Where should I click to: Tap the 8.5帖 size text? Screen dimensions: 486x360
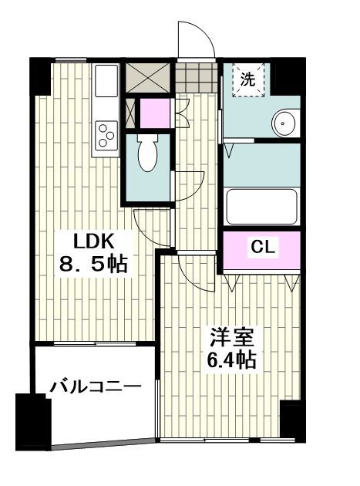pyautogui.click(x=93, y=264)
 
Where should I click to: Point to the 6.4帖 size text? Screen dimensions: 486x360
pyautogui.click(x=229, y=359)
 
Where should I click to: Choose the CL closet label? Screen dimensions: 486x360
pyautogui.click(x=261, y=248)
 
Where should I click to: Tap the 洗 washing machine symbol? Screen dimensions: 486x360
pyautogui.click(x=247, y=78)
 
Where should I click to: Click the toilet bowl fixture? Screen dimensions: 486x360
pyautogui.click(x=146, y=154)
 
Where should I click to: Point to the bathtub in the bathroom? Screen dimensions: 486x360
pyautogui.click(x=261, y=206)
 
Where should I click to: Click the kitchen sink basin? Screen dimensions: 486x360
pyautogui.click(x=106, y=80)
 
